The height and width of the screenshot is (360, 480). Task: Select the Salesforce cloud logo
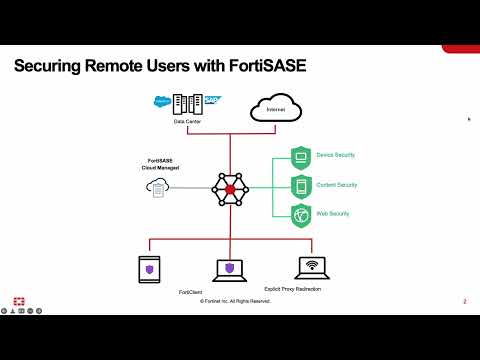click(x=163, y=100)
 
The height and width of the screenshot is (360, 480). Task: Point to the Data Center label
click(x=187, y=123)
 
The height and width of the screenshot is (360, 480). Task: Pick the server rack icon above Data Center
click(x=188, y=103)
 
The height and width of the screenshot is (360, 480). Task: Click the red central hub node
click(x=229, y=187)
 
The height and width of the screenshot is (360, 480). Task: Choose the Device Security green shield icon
click(x=301, y=156)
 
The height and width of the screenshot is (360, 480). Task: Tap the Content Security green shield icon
click(x=301, y=186)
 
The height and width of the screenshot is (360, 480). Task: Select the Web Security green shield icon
click(x=301, y=215)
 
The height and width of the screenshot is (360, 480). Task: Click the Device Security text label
click(x=336, y=156)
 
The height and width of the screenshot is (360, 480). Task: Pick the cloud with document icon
click(x=156, y=187)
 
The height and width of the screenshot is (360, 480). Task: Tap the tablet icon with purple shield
click(x=149, y=269)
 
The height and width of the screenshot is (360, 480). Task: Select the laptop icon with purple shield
click(x=229, y=270)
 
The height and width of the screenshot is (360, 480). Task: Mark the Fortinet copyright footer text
click(x=235, y=301)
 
